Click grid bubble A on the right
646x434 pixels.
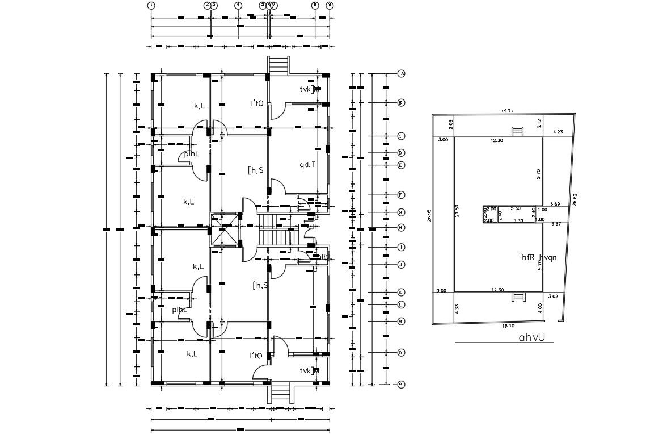tap(401, 74)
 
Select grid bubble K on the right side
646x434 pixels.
tap(401, 293)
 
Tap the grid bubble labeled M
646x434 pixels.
tap(401, 322)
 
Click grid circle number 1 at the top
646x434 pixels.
tap(151, 5)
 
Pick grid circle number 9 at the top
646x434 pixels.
tap(330, 5)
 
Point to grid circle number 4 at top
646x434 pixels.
tap(238, 5)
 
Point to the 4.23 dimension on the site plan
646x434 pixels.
tap(558, 132)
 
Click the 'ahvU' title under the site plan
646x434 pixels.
tap(531, 337)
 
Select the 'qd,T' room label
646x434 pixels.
tap(307, 165)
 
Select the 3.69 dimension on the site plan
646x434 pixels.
tap(555, 204)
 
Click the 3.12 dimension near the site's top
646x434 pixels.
tap(539, 123)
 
